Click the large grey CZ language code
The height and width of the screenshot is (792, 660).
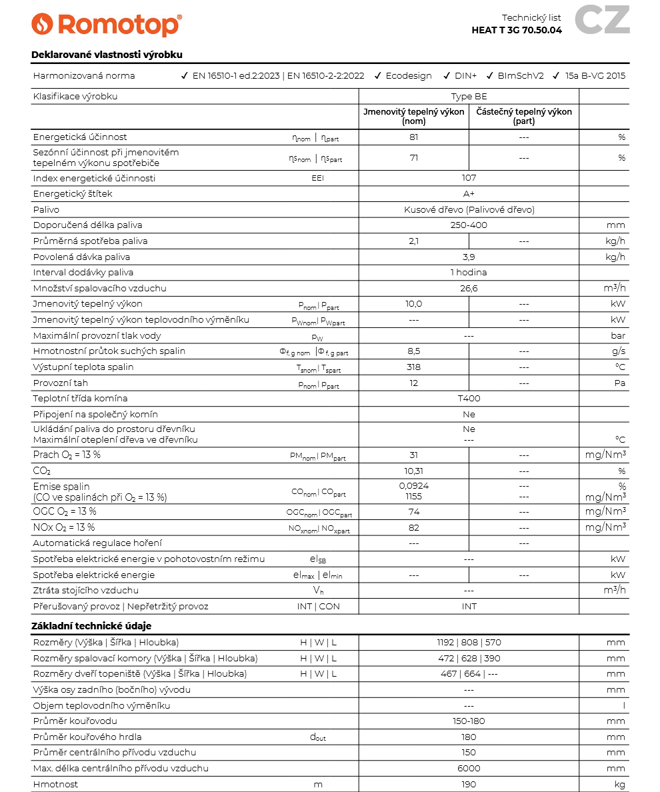pos(602,20)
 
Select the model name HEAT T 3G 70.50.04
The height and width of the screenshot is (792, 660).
pos(516,30)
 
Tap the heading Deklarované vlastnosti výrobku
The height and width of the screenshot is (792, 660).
pos(107,55)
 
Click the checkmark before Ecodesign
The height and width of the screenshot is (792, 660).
pos(378,76)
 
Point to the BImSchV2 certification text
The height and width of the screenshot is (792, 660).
pos(521,76)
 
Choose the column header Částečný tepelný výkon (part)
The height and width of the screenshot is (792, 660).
pos(523,117)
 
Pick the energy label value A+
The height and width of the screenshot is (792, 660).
pos(469,194)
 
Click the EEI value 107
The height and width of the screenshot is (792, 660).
pos(469,178)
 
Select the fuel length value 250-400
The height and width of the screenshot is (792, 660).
pos(469,225)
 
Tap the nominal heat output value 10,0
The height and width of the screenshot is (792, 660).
pos(413,304)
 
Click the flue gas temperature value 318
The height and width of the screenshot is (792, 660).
pos(413,367)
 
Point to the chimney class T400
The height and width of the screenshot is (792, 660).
pos(469,399)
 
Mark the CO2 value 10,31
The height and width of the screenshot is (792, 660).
pos(413,471)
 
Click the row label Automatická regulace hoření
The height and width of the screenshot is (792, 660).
pos(97,543)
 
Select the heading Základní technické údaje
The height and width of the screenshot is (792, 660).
pos(91,626)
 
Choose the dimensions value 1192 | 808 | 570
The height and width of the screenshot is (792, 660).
pos(469,643)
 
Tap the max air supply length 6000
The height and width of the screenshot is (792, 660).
pos(469,769)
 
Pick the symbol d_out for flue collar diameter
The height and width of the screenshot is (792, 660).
pos(318,737)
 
